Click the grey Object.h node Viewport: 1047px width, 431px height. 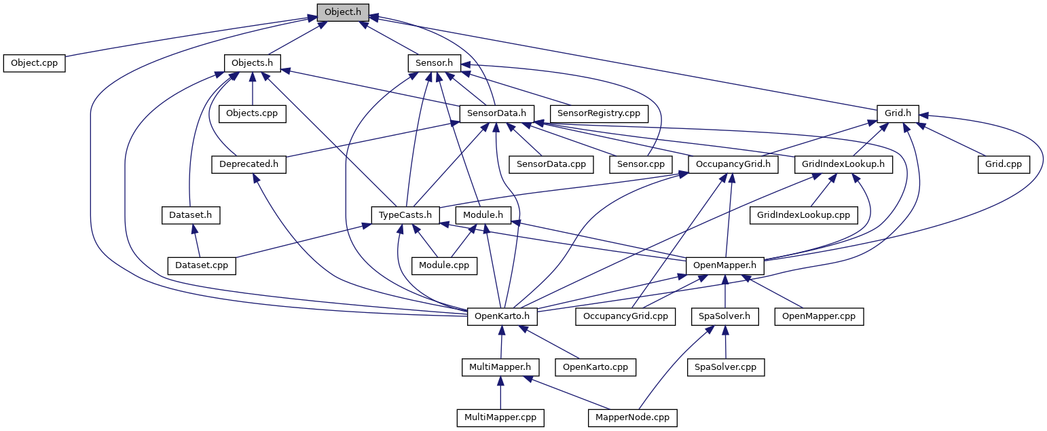click(343, 12)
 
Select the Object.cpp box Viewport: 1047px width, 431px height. click(34, 63)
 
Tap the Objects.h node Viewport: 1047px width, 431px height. click(252, 63)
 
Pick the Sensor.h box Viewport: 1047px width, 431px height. click(434, 63)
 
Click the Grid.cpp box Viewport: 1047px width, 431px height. click(1004, 164)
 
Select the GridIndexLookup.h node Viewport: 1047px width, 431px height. click(843, 164)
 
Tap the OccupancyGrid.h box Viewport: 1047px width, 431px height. click(733, 164)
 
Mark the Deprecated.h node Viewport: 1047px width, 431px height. click(249, 164)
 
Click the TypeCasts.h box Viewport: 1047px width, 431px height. click(405, 215)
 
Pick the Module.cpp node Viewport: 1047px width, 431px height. click(445, 265)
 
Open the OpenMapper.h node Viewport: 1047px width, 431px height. click(725, 265)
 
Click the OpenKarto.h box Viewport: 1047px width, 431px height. click(502, 316)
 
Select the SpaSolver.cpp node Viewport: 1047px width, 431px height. click(726, 367)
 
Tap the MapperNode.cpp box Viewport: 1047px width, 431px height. click(633, 417)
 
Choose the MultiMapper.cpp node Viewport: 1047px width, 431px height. click(500, 417)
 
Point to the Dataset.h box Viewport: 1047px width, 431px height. click(191, 215)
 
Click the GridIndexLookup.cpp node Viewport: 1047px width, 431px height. click(803, 215)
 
